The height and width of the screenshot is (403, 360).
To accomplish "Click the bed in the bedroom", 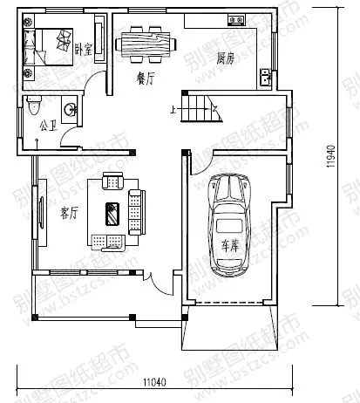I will (51, 44).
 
